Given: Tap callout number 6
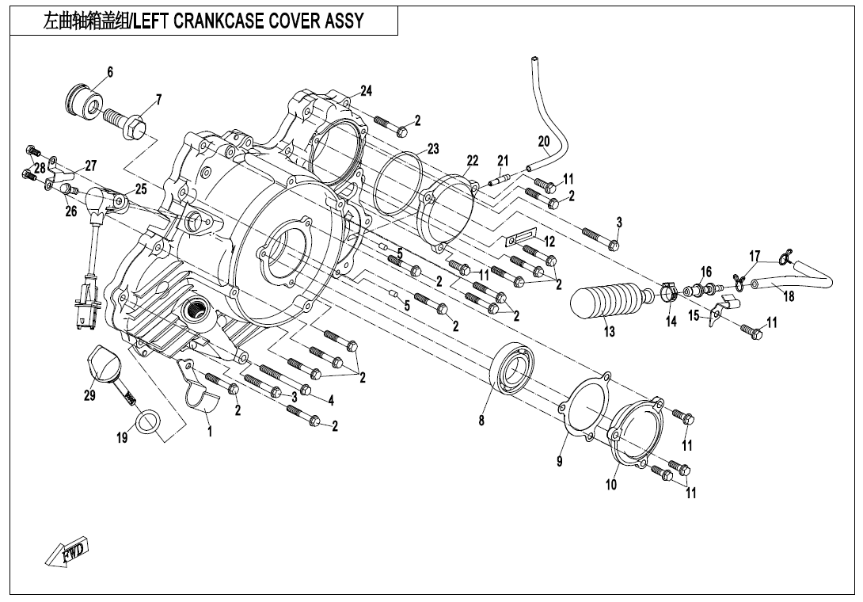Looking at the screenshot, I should [110, 72].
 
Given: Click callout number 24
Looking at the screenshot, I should [366, 89].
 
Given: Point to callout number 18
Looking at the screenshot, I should [789, 296].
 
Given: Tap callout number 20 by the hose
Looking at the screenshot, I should [544, 141].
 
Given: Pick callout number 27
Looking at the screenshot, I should [90, 166].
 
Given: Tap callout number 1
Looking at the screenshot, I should [209, 432].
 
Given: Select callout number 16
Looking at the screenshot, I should [706, 272].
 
